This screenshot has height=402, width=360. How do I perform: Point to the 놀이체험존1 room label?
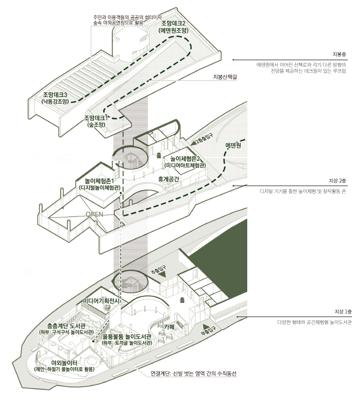[99, 184]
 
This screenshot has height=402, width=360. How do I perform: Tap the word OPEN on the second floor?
[95, 214]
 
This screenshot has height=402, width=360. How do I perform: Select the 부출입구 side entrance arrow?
[207, 330]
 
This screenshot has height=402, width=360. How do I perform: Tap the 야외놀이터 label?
[64, 365]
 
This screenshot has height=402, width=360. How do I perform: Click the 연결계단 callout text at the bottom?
[193, 374]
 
